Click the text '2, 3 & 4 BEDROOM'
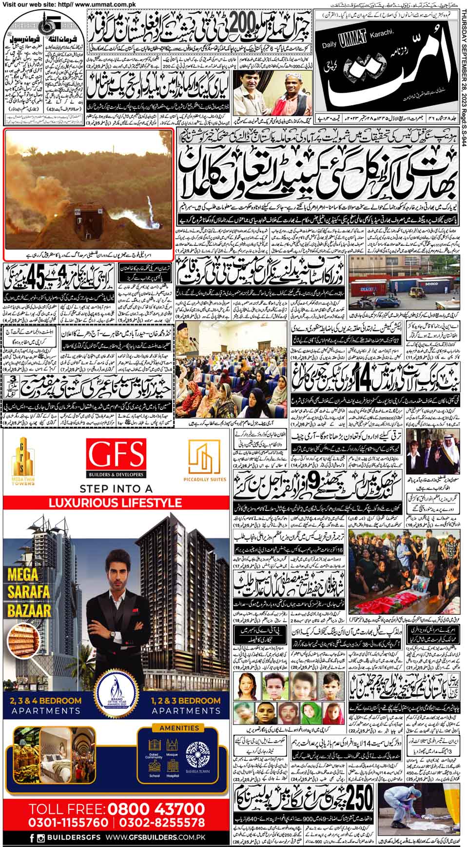(45, 701)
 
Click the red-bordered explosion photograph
(88, 193)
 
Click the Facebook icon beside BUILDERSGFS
(32, 839)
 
